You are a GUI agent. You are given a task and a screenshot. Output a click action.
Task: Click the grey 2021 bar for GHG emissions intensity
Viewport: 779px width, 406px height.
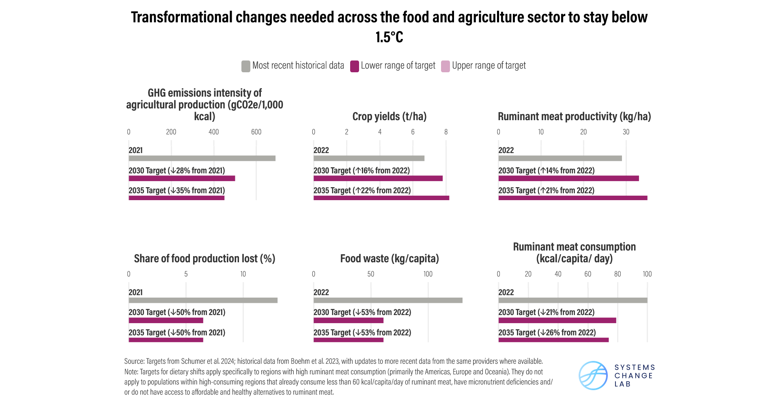coord(202,158)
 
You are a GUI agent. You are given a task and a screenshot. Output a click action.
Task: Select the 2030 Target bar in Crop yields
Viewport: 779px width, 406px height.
coord(378,178)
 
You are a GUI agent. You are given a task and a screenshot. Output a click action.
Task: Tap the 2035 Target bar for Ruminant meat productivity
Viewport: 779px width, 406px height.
coord(572,198)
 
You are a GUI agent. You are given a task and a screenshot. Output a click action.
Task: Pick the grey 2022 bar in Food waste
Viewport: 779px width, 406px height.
coord(387,300)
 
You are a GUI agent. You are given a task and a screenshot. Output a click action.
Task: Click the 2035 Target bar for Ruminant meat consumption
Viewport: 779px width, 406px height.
coord(553,340)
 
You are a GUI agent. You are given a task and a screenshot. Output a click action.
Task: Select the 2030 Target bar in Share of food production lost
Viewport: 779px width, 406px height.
coord(166,320)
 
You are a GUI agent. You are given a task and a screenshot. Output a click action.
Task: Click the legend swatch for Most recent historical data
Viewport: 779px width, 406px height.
coord(245,66)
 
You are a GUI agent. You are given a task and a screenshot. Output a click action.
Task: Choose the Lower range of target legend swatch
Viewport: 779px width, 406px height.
coord(354,66)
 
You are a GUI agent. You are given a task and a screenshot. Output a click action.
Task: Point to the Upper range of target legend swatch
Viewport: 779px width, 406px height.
coord(445,66)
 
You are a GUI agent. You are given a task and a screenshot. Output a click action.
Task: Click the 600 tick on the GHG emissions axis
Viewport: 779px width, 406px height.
coord(256,132)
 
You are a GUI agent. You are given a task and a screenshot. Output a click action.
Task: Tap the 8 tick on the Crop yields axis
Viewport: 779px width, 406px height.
coord(446,132)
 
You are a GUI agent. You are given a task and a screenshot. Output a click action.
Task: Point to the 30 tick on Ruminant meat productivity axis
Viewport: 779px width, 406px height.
coord(626,132)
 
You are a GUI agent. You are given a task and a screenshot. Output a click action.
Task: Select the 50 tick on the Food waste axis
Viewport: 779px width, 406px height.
coord(370,274)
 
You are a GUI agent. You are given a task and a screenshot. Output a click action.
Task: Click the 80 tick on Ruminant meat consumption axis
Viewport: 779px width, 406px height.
coord(617,274)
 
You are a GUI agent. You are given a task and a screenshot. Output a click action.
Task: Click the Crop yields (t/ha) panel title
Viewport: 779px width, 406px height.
coord(389,117)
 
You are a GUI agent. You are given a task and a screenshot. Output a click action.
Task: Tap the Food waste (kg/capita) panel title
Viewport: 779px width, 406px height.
coord(389,259)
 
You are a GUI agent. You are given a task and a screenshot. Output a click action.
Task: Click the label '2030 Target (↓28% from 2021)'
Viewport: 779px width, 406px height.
coord(176,171)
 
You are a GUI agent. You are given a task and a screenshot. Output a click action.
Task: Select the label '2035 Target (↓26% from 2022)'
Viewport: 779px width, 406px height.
coord(547,333)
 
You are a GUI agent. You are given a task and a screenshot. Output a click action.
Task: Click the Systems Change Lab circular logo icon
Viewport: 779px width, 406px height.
coord(593,376)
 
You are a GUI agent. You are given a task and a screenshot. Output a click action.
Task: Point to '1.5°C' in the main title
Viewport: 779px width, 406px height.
coord(389,37)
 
